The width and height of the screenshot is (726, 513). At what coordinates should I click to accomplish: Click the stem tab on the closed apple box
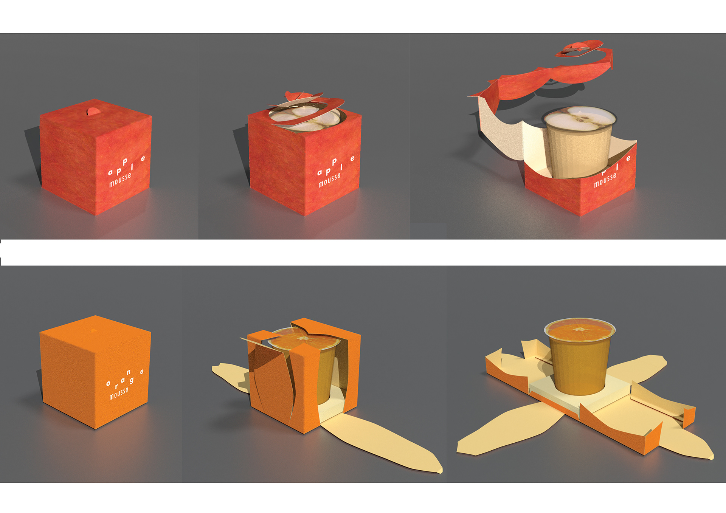point(93,111)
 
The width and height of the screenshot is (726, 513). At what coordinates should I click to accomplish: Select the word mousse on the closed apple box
point(120,180)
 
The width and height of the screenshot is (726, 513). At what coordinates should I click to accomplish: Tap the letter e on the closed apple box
point(143,159)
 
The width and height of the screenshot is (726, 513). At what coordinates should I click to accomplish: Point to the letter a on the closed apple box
point(110,172)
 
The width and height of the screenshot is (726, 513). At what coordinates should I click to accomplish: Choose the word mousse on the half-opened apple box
point(329,180)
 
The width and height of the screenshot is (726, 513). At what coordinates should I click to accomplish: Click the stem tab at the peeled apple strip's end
point(575,47)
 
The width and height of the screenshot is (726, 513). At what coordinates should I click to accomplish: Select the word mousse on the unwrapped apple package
point(605,180)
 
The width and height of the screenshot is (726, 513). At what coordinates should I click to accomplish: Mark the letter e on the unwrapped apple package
point(628,158)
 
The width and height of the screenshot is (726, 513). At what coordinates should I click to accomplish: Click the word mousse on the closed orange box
point(119,393)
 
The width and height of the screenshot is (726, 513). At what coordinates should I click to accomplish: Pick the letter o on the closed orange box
point(109,384)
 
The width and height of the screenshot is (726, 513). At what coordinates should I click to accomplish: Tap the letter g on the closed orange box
point(132,380)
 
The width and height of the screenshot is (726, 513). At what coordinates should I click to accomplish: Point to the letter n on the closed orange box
point(129,372)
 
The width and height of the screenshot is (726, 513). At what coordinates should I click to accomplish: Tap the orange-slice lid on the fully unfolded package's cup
point(580,330)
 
